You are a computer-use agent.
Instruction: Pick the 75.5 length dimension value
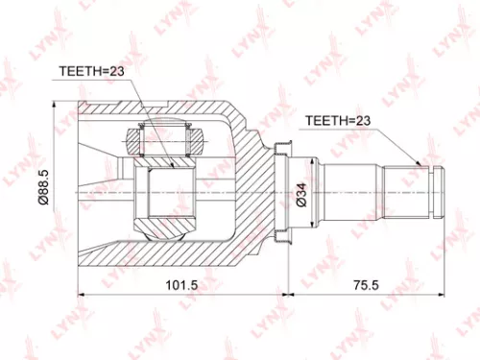click(365, 285)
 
